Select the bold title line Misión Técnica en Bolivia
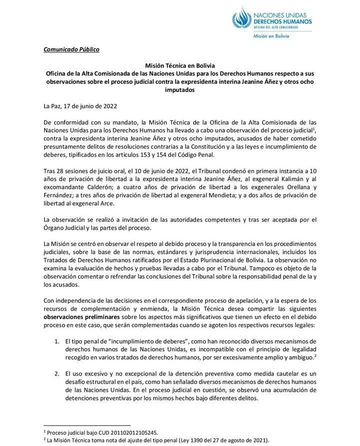point(179,65)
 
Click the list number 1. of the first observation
point(56,341)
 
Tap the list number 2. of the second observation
point(56,374)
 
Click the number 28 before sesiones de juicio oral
point(60,171)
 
